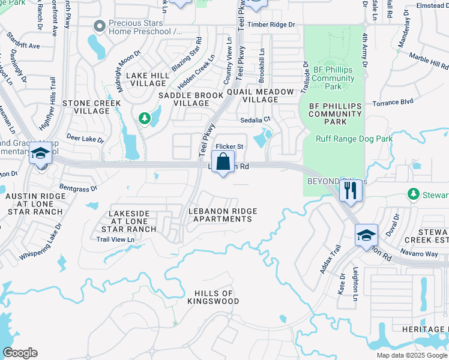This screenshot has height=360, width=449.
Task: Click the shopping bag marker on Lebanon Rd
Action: click(x=223, y=161)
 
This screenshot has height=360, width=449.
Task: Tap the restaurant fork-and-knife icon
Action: click(x=349, y=191)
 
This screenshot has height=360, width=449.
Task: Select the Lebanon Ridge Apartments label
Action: click(x=223, y=215)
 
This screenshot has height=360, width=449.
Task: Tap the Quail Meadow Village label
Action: click(x=261, y=95)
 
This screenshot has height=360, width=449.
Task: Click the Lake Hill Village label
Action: click(x=147, y=79)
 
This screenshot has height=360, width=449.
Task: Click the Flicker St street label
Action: click(x=229, y=146)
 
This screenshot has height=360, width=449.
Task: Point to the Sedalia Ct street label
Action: click(x=256, y=119)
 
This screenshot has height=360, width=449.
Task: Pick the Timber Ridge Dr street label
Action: click(x=276, y=25)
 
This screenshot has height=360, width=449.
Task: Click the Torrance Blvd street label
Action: click(x=393, y=102)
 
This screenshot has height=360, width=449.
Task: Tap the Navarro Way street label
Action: click(x=420, y=254)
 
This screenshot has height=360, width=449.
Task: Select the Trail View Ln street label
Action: click(x=115, y=239)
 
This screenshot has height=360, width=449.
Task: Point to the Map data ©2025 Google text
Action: click(x=412, y=355)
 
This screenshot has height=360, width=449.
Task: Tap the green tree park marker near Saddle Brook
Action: click(x=144, y=118)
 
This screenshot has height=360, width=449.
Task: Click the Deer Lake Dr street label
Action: click(x=85, y=139)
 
